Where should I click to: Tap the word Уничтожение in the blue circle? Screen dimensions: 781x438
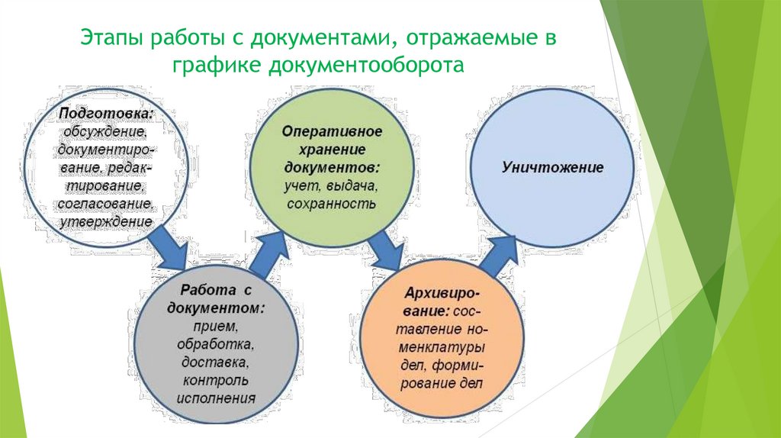pyautogui.click(x=552, y=167)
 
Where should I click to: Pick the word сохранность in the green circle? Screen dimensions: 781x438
pyautogui.click(x=332, y=204)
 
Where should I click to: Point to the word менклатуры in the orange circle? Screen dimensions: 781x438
pyautogui.click(x=442, y=348)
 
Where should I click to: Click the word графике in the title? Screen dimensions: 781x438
pyautogui.click(x=217, y=66)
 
